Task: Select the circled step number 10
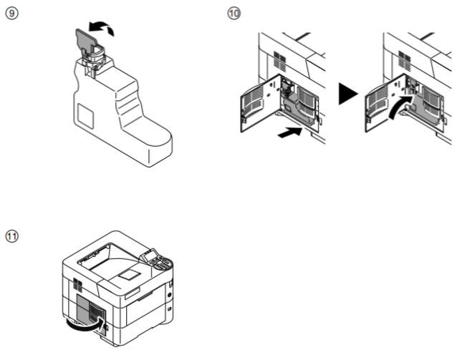[233, 13]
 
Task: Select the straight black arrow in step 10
[290, 131]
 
